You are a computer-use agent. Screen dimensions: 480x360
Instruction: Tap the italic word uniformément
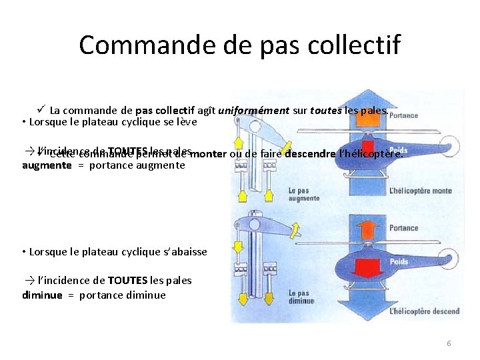(x=253, y=110)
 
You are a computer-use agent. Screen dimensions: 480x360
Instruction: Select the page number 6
(x=449, y=343)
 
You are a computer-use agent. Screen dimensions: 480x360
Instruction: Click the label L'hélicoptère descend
(x=424, y=311)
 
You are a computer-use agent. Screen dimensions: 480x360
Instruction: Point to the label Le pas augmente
(x=304, y=194)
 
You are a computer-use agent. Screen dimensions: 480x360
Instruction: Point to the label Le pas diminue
(x=301, y=297)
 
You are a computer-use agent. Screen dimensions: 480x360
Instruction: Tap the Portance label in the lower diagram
(x=403, y=228)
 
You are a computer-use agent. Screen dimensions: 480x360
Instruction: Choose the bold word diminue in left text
(x=42, y=295)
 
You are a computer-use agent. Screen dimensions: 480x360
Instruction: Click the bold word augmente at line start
(x=47, y=165)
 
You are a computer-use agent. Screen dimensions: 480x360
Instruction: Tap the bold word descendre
(x=310, y=155)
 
